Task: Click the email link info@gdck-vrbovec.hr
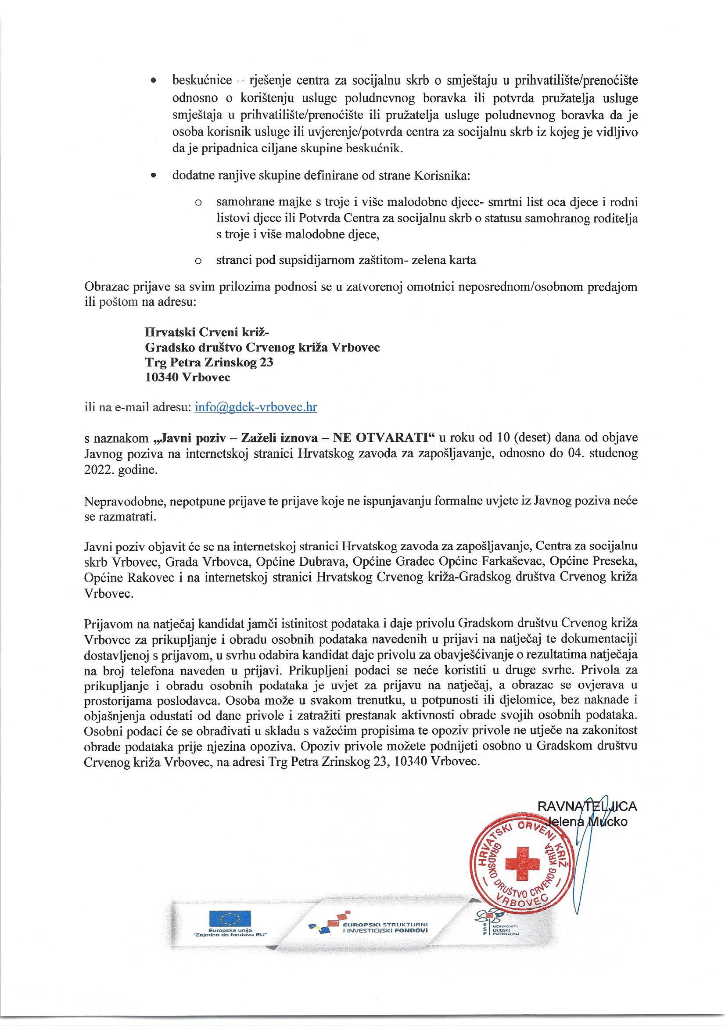[256, 407]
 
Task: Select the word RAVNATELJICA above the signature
[587, 806]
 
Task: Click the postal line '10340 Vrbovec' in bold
[188, 377]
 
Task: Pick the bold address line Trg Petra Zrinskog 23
[209, 362]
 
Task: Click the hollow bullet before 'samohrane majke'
[197, 203]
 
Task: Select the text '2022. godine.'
[121, 471]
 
